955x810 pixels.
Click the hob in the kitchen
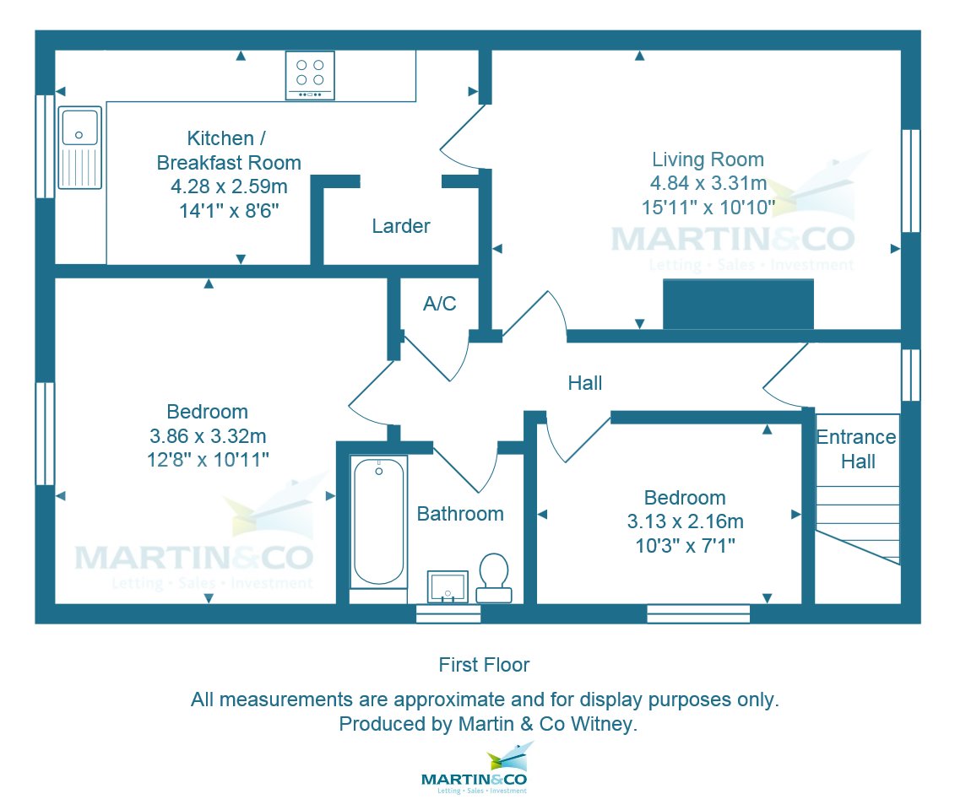coord(309,75)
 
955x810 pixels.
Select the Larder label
coord(401,226)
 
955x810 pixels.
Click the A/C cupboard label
coord(439,304)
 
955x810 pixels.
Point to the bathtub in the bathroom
coord(378,521)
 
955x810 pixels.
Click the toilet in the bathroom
coord(494,577)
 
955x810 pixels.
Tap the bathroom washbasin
coord(448,586)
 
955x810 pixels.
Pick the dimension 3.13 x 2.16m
coord(685,521)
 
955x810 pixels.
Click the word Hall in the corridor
coord(584,383)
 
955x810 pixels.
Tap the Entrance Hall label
coord(856,449)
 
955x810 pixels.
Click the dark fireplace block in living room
coord(738,305)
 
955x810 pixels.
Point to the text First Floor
coord(484,665)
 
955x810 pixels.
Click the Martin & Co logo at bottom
coord(475,769)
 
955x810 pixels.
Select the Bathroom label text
coord(460,513)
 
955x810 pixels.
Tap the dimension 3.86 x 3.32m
coord(207,436)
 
